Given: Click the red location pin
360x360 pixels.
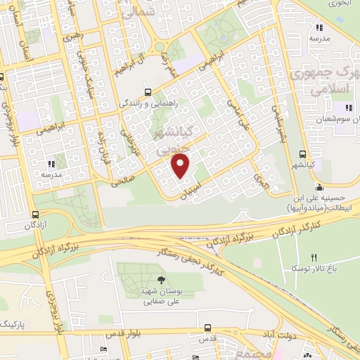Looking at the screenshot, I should pos(181,165).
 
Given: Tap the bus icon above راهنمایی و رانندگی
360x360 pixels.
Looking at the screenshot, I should pos(147,92).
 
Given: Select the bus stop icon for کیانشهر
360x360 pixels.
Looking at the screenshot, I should pos(302,155).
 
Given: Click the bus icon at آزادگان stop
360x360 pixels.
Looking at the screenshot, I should pos(36,214).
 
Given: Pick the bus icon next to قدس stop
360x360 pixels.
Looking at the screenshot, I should pos(207,328).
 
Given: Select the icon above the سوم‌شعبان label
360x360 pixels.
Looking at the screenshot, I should pos(347,107).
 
